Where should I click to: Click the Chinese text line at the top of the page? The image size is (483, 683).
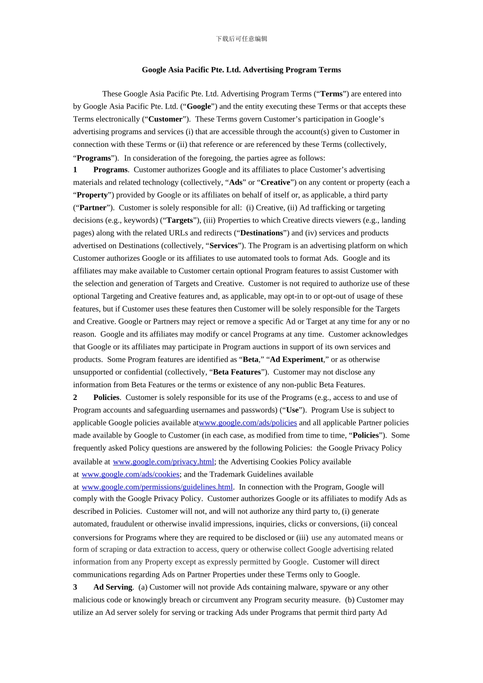point(242,39)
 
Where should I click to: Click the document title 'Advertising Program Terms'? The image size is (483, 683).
point(242,70)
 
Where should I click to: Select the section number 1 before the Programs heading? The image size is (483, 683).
point(75,170)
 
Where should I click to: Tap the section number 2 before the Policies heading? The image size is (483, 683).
point(75,397)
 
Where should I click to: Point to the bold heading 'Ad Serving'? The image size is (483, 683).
point(113,587)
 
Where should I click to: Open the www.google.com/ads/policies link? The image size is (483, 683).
point(248,423)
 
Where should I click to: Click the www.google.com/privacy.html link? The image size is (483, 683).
point(163,462)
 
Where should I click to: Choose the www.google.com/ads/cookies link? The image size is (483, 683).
point(130,475)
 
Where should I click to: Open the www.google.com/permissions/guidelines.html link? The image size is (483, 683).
point(157,487)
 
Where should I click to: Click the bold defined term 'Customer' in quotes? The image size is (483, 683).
point(165,119)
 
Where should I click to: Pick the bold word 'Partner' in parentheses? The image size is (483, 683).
point(93,208)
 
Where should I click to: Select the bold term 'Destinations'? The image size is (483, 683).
point(261,233)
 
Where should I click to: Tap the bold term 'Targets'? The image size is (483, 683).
point(180,221)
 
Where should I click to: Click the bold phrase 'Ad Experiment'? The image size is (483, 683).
point(296,360)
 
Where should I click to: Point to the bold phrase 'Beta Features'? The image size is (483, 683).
point(237,372)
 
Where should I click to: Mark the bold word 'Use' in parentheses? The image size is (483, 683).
point(292,410)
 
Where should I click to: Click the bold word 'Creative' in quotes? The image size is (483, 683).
point(276,182)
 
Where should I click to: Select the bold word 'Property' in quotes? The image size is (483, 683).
point(92,195)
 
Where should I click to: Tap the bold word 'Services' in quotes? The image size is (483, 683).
point(224,246)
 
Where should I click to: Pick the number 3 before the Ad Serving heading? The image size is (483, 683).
point(75,587)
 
